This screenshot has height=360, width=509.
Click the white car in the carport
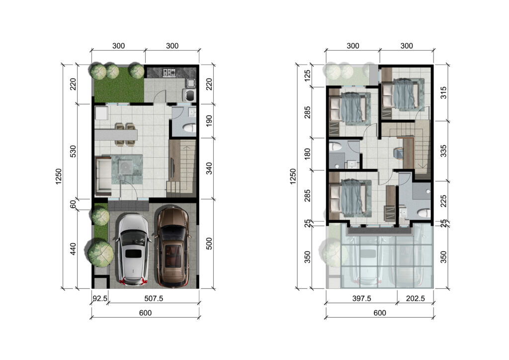coord(133,250)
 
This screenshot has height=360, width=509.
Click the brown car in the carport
coord(173,247)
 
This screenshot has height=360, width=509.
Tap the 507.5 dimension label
coord(154,298)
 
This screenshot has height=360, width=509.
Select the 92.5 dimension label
coord(100,298)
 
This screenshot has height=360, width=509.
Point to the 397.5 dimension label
coord(362,298)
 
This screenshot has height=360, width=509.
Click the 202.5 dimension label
coord(415,298)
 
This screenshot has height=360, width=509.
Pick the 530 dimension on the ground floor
coord(74,151)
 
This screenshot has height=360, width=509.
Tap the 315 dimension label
coord(443,92)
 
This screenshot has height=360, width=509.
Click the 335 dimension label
coord(443,151)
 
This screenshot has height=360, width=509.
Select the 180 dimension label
coord(307,154)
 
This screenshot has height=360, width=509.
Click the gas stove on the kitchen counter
coord(169,72)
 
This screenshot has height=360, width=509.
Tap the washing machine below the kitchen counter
coord(189,95)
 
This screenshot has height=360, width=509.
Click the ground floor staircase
coord(181,169)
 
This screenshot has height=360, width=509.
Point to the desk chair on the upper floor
coord(399,153)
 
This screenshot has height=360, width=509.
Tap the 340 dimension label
coord(209,168)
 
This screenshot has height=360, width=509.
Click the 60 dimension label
coord(73,204)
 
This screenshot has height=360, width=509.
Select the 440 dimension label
coord(73,249)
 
